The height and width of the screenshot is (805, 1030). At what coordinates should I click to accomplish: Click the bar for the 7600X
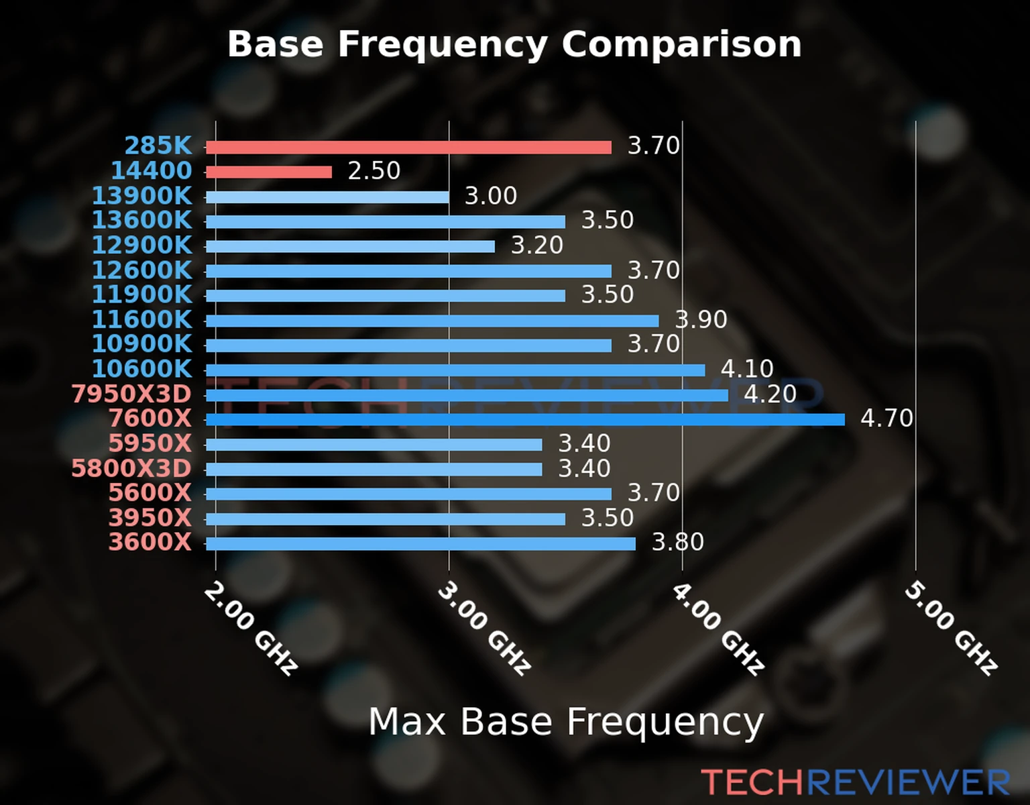525,420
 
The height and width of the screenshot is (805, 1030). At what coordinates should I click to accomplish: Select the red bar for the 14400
269,172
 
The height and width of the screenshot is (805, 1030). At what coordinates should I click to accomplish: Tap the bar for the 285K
408,148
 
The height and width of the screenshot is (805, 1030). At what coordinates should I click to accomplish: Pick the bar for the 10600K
455,370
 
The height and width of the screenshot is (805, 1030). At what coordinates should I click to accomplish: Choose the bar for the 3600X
420,543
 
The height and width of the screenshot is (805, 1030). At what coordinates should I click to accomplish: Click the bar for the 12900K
350,247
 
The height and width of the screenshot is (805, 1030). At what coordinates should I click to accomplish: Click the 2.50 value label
374,171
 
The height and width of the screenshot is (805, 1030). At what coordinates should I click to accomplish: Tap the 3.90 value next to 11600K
701,320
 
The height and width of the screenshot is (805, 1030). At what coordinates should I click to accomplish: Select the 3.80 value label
678,543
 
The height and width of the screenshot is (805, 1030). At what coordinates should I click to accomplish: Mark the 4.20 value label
770,394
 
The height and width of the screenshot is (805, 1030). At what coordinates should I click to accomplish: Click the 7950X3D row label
131,394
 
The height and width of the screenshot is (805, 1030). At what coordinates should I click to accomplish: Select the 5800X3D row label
131,468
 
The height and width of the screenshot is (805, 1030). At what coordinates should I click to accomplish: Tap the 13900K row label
141,196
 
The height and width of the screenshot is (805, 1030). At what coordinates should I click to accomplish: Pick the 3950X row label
150,518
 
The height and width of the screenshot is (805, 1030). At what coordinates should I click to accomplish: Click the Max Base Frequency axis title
566,722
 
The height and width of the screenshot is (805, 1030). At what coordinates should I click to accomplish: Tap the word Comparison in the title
681,44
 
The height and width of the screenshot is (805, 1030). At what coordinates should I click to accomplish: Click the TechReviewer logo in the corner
855,783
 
